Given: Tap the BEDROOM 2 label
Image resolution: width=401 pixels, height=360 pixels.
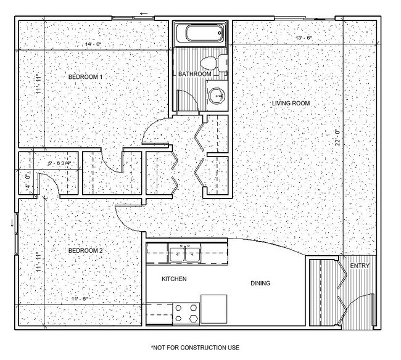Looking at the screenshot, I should pos(85,251).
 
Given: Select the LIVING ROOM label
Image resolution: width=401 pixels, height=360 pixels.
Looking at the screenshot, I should pos(291,103).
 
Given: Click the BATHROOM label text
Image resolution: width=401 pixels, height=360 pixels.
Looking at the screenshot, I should pos(195,74).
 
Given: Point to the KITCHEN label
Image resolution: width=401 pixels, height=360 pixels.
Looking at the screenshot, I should pos(174,279).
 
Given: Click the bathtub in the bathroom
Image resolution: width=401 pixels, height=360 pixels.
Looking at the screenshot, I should pos(199,34).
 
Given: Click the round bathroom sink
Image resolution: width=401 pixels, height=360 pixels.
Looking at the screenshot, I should pos(216,96).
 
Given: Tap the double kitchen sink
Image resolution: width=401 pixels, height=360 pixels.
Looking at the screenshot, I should pos(184,253).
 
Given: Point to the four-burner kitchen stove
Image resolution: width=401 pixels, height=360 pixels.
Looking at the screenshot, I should pos(186,312).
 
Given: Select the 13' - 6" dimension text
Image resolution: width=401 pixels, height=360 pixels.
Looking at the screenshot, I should pos(304,37).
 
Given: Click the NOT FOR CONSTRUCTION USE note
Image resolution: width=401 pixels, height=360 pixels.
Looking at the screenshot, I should pos(195,348).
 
